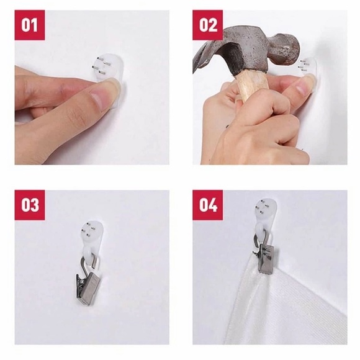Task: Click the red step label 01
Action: click(30, 25)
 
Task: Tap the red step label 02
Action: click(207, 25)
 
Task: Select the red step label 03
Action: click(30, 205)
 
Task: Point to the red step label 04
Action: click(207, 205)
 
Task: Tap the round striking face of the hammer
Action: click(290, 50)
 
